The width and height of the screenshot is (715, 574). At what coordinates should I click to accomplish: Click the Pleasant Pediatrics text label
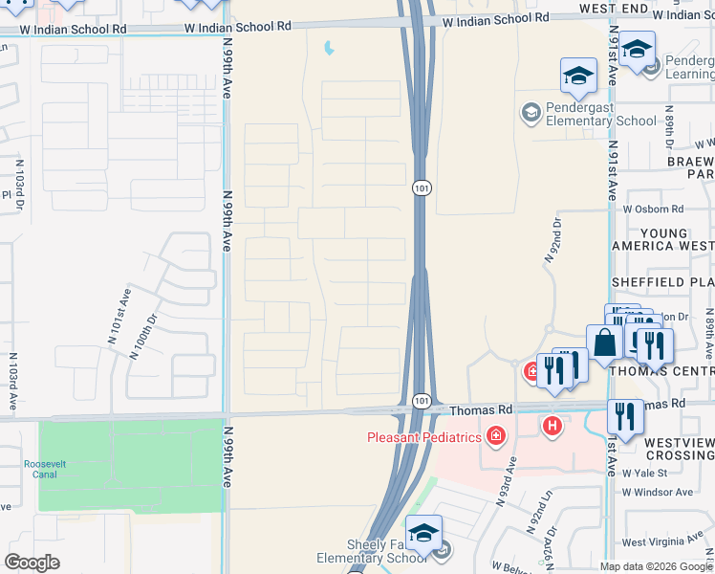pyautogui.click(x=425, y=438)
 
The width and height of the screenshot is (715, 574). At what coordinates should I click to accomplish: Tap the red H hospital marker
pyautogui.click(x=552, y=426)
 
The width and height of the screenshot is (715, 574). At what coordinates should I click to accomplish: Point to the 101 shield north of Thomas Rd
pyautogui.click(x=422, y=188)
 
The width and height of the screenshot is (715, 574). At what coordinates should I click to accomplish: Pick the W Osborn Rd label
pyautogui.click(x=653, y=209)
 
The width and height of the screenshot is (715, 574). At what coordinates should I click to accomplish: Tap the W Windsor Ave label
pyautogui.click(x=657, y=492)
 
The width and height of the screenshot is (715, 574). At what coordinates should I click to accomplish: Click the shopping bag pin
pyautogui.click(x=604, y=342)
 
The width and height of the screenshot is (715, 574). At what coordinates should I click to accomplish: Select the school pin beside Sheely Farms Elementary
pyautogui.click(x=423, y=534)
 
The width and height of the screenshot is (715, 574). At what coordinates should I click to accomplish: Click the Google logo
pyautogui.click(x=32, y=562)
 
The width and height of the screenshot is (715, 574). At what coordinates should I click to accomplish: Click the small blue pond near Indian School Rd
pyautogui.click(x=330, y=46)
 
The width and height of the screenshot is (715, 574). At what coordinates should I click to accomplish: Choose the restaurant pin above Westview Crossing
pyautogui.click(x=625, y=417)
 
